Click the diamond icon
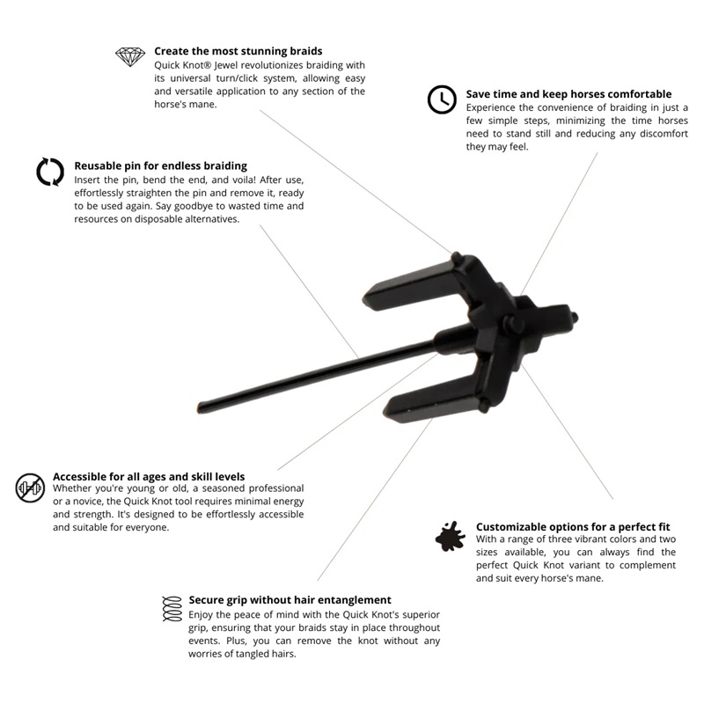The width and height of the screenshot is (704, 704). (130, 57)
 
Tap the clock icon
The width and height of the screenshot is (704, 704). (441, 100)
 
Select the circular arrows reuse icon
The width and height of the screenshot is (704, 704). (50, 172)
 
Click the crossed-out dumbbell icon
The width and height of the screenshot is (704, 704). (30, 487)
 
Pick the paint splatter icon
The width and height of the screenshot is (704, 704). (451, 536)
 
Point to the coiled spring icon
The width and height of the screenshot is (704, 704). (172, 608)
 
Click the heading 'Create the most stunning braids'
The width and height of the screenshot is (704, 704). (238, 51)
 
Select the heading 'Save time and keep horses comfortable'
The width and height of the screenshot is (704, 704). (568, 94)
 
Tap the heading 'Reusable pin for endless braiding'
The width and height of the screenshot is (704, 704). (160, 165)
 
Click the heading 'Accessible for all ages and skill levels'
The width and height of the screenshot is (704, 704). (149, 476)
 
